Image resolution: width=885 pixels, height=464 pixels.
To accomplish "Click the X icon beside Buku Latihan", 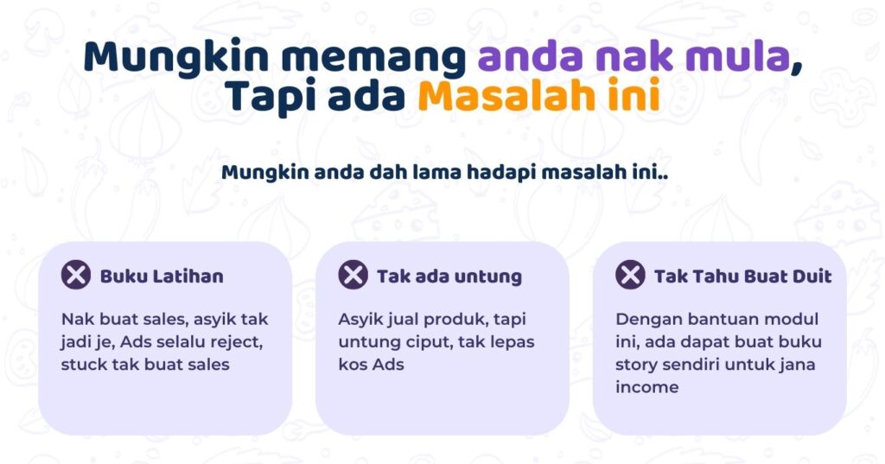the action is tap(76, 275).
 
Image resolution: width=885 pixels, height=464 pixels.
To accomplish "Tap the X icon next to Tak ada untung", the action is tap(353, 275).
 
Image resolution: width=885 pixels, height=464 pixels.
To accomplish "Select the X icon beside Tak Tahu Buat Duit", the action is tap(630, 275).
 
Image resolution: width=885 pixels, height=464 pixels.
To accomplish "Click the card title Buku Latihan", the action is tap(162, 276).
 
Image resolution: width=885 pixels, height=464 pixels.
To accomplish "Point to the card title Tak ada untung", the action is tap(449, 276).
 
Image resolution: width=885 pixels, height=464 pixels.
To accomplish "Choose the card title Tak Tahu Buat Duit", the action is tap(742, 276).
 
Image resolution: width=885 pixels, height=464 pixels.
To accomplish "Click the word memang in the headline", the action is tap(373, 58).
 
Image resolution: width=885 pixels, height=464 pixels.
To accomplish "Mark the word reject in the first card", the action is tap(236, 342).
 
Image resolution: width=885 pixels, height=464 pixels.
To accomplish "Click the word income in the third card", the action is tap(646, 387).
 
